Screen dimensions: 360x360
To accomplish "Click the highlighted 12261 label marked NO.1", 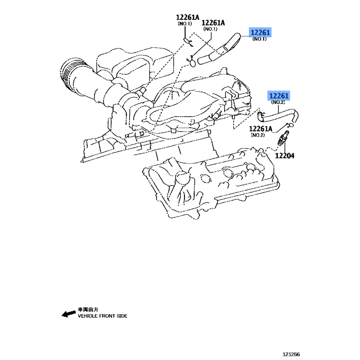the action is click(x=260, y=32).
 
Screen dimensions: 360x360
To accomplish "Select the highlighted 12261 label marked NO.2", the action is click(x=279, y=96).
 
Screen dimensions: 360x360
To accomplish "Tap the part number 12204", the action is click(x=284, y=156).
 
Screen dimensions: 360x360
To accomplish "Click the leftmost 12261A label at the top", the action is click(x=188, y=17).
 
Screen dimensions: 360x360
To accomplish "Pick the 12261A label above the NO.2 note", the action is click(x=261, y=129).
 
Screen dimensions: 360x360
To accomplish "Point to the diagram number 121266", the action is click(x=291, y=354).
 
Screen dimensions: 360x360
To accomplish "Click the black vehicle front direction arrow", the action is click(x=69, y=314).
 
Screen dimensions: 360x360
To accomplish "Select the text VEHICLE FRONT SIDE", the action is click(x=103, y=316).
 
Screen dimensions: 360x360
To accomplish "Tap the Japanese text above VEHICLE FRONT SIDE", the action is click(x=88, y=310).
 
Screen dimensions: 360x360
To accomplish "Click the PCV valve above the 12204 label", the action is click(x=283, y=138).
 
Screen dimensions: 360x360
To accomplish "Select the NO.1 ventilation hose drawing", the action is click(x=218, y=49).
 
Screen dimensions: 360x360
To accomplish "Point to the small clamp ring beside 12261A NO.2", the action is click(x=290, y=125).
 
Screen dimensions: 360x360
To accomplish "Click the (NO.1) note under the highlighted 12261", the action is click(x=260, y=39).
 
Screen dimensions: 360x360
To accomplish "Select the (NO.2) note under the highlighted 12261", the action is click(x=278, y=102).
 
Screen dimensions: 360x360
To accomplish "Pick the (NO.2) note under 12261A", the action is click(x=258, y=135).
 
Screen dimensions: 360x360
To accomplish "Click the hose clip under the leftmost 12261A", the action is click(x=188, y=42).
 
